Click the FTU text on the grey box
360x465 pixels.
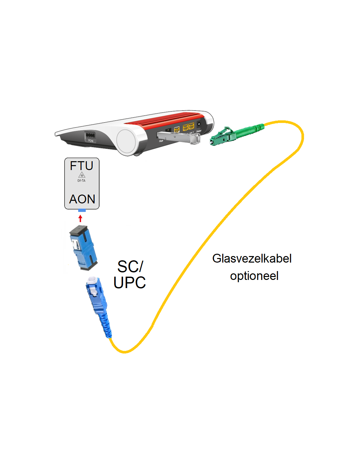(x=81, y=166)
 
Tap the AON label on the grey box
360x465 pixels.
(x=82, y=199)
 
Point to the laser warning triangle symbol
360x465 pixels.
(x=81, y=175)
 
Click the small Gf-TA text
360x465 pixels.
(x=81, y=181)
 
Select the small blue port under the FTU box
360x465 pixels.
(x=82, y=210)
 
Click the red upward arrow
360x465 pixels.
(x=81, y=218)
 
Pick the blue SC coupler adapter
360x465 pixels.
(x=83, y=248)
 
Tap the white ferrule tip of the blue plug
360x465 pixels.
(x=92, y=280)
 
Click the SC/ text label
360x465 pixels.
(x=130, y=267)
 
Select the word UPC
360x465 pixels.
(x=130, y=283)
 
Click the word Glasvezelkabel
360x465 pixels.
(x=252, y=258)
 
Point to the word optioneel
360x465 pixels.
(x=254, y=276)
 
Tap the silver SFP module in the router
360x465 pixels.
(x=178, y=138)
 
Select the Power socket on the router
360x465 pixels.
(x=199, y=126)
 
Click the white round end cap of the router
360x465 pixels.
(x=126, y=142)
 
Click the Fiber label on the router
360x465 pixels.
(x=161, y=141)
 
